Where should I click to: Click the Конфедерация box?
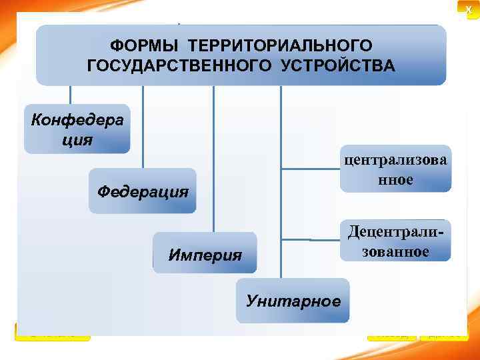point(77,128)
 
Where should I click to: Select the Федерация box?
point(142,191)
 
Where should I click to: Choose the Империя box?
point(205,253)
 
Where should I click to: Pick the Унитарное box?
point(293,301)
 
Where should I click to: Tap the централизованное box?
point(396,169)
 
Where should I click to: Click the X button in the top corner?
point(469,7)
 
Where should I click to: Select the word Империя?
point(205,254)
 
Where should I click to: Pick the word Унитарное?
point(293,301)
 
